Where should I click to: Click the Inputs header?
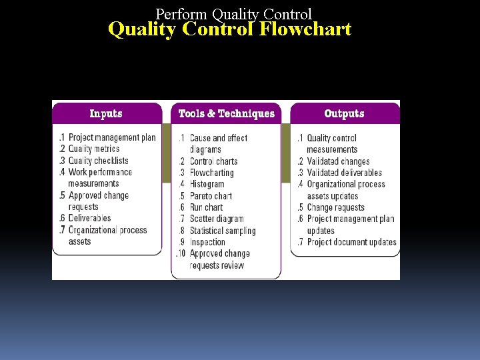[x=106, y=114]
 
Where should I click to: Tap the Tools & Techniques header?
[x=226, y=114]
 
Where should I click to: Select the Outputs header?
[x=344, y=114]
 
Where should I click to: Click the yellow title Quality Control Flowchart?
[x=229, y=30]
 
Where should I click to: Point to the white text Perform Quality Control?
[x=233, y=13]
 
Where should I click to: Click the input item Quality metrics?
[x=93, y=149]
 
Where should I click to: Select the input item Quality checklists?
[x=98, y=161]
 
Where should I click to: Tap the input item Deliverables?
[x=89, y=218]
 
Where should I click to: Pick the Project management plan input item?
[x=111, y=138]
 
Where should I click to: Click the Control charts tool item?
[x=213, y=161]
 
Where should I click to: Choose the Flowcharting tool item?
[x=211, y=173]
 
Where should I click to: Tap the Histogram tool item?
[x=207, y=184]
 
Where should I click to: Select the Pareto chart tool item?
[x=211, y=196]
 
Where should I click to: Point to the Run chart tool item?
[x=206, y=207]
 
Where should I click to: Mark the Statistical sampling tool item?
[x=222, y=231]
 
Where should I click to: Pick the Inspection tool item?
[x=207, y=242]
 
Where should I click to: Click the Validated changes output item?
[x=337, y=161]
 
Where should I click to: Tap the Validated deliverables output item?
[x=344, y=173]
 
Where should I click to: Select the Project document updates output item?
[x=351, y=242]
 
